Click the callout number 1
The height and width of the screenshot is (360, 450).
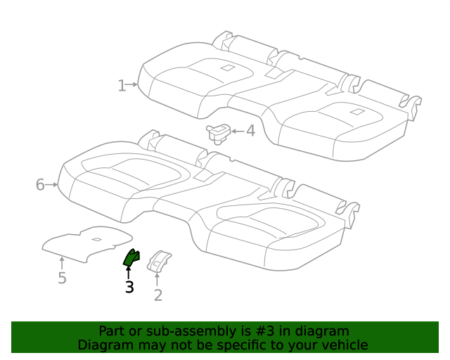pos(122,86)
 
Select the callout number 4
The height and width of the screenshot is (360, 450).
pos(250,131)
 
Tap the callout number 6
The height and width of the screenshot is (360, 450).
pos(40,184)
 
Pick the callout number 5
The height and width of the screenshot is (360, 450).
pos(62,278)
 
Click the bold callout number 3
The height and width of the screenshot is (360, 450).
pos(129,287)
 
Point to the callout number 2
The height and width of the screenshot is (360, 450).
pos(158,295)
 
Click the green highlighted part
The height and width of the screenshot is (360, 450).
pos(131,257)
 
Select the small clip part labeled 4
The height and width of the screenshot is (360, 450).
pos(219,134)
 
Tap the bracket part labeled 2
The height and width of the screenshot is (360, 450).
pos(159,261)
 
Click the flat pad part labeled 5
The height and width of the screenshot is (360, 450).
pos(87,244)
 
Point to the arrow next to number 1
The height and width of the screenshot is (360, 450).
pos(132,84)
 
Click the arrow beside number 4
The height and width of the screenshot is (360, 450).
pos(238,131)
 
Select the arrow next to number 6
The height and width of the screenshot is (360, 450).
pos(51,185)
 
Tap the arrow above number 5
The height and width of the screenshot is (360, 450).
pos(62,263)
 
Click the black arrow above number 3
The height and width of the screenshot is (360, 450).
pos(128,273)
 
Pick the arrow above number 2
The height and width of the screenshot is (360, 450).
pos(157,280)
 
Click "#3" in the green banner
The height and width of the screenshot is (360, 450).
pos(264,331)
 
